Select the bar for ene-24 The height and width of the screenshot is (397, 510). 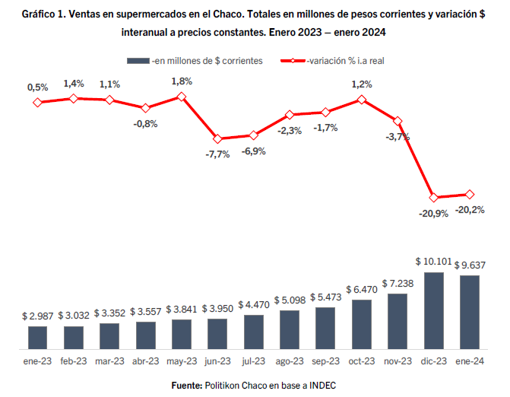point(469,311)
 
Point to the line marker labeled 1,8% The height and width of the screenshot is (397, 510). point(182,97)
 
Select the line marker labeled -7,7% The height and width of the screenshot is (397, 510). point(217,139)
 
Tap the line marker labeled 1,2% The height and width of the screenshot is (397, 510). point(361,99)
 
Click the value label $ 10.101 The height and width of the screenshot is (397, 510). point(433,261)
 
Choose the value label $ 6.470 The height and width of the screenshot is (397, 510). point(361,290)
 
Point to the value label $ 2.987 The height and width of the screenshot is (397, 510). point(37,316)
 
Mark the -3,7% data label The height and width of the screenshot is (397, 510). point(398,137)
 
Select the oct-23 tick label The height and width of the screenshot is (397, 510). point(361,360)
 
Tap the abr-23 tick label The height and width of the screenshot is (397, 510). point(145,360)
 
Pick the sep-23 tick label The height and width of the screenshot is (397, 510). point(325,360)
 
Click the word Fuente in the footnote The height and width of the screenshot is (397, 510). point(185,386)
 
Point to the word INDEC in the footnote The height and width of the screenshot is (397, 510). point(321,386)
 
